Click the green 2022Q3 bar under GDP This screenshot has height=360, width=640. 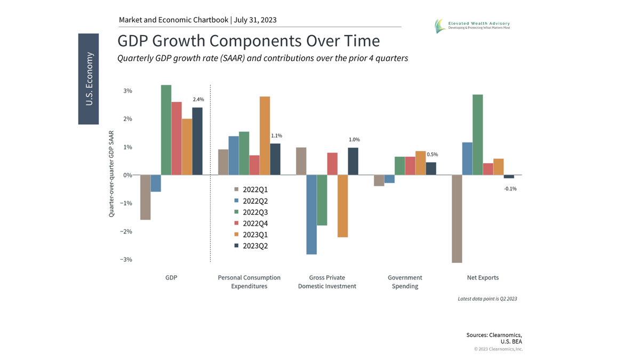[x=166, y=130]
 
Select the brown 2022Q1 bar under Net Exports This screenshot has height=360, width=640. [x=457, y=219]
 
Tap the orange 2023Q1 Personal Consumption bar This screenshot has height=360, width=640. [x=265, y=135]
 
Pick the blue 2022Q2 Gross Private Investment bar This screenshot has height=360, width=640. [x=311, y=214]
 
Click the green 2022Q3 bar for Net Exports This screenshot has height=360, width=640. [x=477, y=134]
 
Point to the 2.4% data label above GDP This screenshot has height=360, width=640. [x=198, y=100]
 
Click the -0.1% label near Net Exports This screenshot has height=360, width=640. [x=510, y=188]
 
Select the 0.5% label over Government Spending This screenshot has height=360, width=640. [x=433, y=154]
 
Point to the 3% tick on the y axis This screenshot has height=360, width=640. [x=127, y=91]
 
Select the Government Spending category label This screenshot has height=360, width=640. [x=405, y=282]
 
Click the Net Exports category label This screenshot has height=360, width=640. [x=482, y=278]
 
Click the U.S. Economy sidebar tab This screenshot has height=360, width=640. [x=89, y=79]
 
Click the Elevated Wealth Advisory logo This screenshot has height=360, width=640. [x=472, y=25]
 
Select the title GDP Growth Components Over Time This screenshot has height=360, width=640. [x=249, y=41]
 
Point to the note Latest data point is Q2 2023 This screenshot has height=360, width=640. [x=487, y=299]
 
